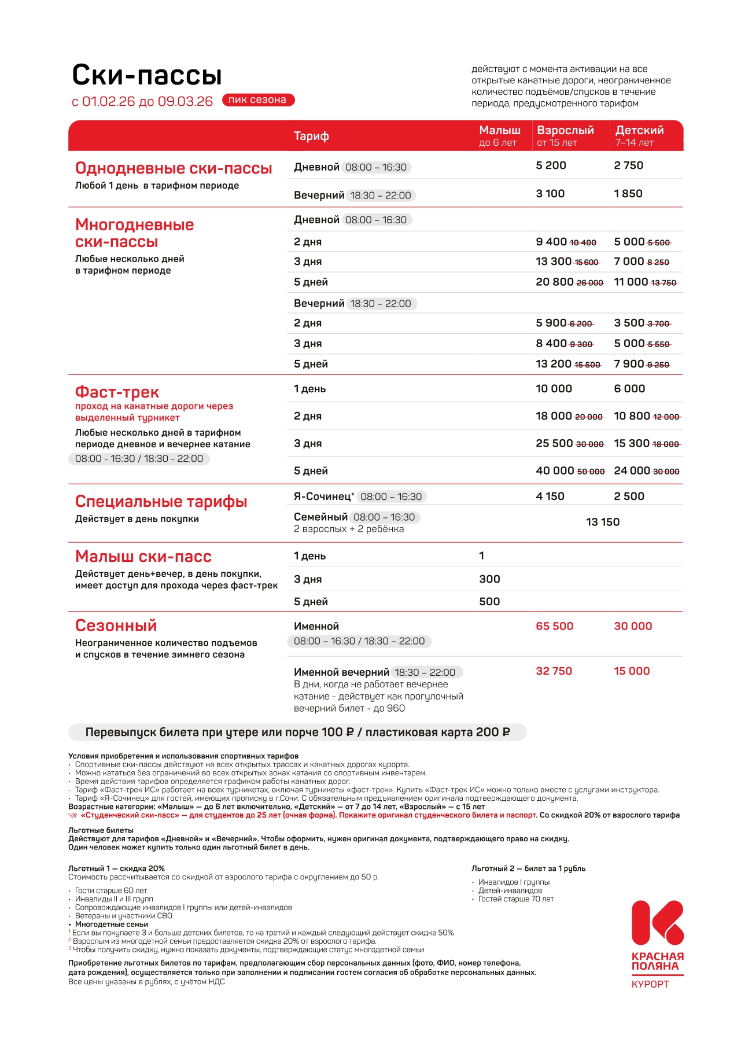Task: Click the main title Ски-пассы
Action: (x=147, y=75)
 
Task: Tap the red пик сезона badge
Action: (x=258, y=100)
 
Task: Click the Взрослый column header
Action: (x=565, y=131)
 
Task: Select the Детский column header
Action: (x=639, y=131)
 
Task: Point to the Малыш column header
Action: (x=500, y=131)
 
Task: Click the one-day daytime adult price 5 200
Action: (x=551, y=165)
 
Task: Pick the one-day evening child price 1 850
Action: (x=628, y=194)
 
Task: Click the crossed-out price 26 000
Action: (x=590, y=283)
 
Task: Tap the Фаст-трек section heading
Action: (x=117, y=392)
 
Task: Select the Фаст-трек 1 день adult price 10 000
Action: (x=554, y=389)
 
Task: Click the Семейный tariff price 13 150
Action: (x=603, y=522)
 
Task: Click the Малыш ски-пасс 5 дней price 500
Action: (x=489, y=602)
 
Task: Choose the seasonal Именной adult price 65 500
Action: (x=554, y=626)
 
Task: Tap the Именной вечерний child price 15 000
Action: (x=632, y=671)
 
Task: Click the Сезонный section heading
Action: (x=116, y=625)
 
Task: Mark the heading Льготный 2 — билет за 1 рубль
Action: (x=528, y=868)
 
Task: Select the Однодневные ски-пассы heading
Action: (x=174, y=168)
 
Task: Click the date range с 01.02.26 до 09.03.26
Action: (x=142, y=102)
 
